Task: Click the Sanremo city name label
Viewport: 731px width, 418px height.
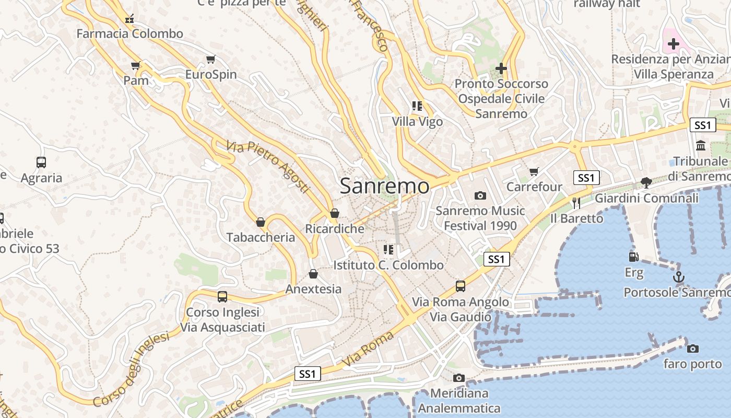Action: (x=385, y=186)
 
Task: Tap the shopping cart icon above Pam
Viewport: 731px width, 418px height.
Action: (x=136, y=66)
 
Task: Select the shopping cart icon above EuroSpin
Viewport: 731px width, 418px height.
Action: (x=211, y=60)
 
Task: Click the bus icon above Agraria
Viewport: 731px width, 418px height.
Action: (x=41, y=162)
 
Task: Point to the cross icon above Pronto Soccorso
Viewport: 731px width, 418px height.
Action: (x=501, y=68)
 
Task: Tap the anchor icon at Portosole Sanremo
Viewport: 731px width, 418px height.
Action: (x=679, y=277)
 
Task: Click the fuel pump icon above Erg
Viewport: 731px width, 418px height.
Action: (x=634, y=257)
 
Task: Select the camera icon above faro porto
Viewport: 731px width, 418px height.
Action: (x=693, y=349)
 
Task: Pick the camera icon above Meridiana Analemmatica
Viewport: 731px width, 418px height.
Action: (x=459, y=378)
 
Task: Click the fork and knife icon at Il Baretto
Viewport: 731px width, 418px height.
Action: (x=576, y=203)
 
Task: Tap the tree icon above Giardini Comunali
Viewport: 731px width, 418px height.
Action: (x=646, y=182)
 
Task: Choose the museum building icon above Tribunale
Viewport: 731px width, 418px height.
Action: (x=701, y=145)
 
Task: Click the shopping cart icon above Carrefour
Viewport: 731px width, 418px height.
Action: (x=534, y=171)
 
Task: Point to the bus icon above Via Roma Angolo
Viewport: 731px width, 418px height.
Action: (x=460, y=286)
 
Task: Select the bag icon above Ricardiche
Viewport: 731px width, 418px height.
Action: (x=335, y=213)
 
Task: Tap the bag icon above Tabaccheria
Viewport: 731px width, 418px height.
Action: (x=261, y=222)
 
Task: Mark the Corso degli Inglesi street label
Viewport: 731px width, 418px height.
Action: (x=132, y=369)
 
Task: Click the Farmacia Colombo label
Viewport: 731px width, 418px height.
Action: (x=130, y=34)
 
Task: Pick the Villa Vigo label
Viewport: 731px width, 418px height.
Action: (x=418, y=122)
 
